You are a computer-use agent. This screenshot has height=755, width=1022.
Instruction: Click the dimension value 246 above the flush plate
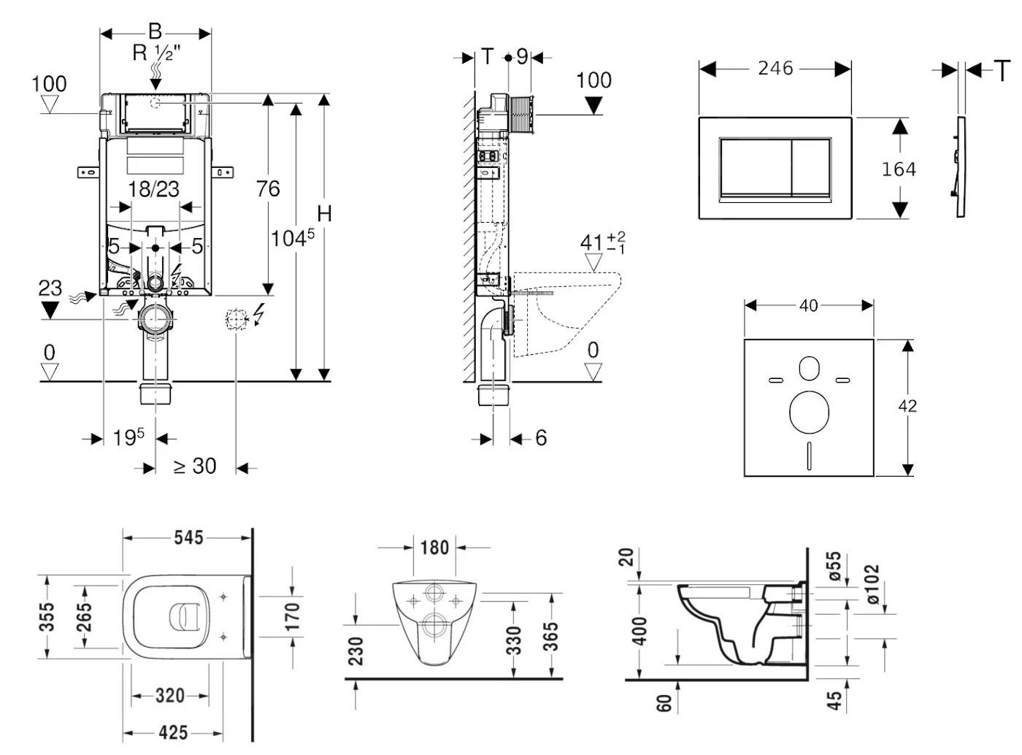coord(775,69)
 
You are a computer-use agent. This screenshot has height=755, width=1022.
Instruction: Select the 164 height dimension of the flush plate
coord(899,169)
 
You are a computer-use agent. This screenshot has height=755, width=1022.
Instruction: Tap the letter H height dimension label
coord(325,214)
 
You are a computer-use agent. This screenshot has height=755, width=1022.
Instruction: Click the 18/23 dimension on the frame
coord(153,189)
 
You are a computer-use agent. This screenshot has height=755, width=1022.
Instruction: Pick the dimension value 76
coord(268,189)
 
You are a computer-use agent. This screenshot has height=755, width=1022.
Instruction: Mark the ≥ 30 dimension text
coord(195,466)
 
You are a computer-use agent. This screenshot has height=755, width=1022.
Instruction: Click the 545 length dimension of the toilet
coord(188,538)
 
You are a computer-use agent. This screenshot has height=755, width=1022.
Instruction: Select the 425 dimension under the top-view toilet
coord(173,732)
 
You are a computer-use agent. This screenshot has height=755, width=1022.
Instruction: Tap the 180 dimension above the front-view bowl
coord(434,547)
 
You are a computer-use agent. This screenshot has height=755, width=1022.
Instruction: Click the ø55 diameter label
coord(834,567)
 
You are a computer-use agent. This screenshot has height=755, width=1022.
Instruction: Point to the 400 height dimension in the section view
coord(640,632)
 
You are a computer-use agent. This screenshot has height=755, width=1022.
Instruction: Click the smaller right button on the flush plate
coord(810,167)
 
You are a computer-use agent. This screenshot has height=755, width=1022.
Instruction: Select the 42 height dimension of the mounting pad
coord(907,406)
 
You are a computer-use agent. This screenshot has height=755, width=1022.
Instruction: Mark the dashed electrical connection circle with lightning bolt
coord(237,318)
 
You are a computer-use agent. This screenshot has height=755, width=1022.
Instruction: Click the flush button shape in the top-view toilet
coord(188,616)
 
